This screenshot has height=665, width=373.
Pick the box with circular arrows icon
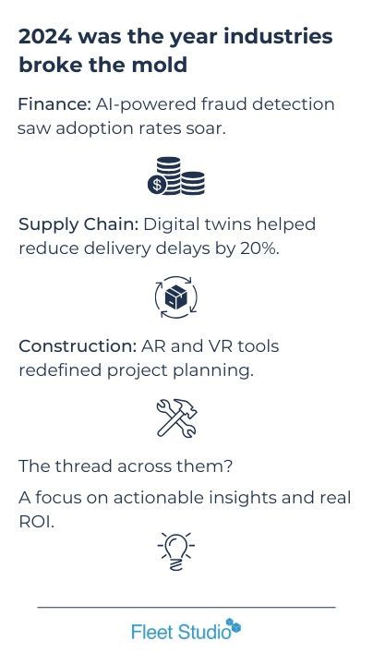[x=176, y=297]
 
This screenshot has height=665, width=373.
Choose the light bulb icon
[x=176, y=551]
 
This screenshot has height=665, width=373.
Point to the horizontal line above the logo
[x=186, y=607]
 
